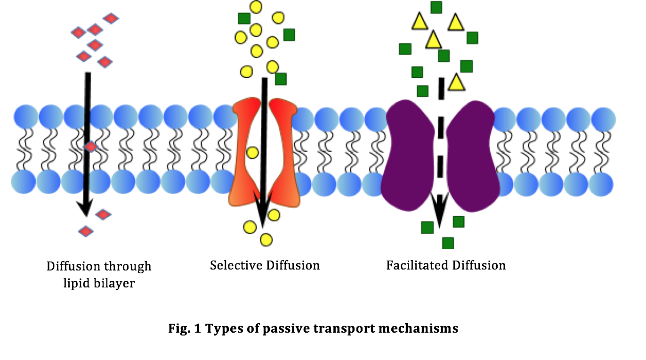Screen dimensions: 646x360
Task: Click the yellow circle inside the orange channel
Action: coord(252,152)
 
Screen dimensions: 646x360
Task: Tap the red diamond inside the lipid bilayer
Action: coord(91,147)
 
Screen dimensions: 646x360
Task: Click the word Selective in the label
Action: coord(235,265)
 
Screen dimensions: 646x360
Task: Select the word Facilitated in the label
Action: coord(417,265)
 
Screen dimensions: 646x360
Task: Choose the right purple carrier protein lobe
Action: coord(473,156)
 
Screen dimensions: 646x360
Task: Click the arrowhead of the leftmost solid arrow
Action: coord(86,207)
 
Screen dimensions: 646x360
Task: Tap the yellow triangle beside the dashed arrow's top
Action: coord(456,82)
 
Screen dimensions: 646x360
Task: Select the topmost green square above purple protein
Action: coord(436,7)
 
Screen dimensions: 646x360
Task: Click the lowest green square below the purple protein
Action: coord(448,243)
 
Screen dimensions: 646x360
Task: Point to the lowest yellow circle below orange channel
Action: coord(266,240)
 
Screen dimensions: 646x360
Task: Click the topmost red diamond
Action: coord(111,18)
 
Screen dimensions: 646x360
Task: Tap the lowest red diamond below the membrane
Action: coord(86,231)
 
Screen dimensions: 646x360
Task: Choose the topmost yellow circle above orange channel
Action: coord(256,7)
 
